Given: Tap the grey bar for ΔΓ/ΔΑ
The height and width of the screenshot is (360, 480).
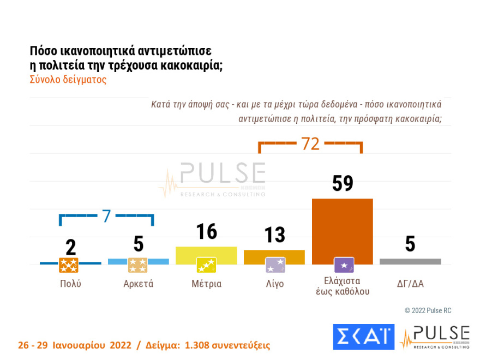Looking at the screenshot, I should pyautogui.click(x=410, y=262).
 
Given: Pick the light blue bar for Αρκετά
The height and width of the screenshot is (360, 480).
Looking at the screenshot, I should pyautogui.click(x=139, y=261).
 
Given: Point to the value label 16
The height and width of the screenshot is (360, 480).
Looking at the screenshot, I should pyautogui.click(x=206, y=232).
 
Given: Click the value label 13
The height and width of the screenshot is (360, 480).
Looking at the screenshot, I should pyautogui.click(x=274, y=235).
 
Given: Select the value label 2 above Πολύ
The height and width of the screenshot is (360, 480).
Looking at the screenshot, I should pyautogui.click(x=70, y=247).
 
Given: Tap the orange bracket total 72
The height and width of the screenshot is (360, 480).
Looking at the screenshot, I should pyautogui.click(x=310, y=144).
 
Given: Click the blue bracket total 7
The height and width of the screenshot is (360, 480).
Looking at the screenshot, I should pyautogui.click(x=106, y=215).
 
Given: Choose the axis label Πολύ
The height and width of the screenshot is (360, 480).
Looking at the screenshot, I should pyautogui.click(x=70, y=284).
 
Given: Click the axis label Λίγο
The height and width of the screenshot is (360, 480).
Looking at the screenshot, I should pyautogui.click(x=274, y=284).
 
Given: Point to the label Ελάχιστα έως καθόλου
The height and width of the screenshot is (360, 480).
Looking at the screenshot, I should pyautogui.click(x=343, y=286).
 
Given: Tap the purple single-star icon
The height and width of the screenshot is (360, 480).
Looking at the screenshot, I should pyautogui.click(x=344, y=266).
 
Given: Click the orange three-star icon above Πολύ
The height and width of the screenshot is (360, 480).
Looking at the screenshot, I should pyautogui.click(x=69, y=266).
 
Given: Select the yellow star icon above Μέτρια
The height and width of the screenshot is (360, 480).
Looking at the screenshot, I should pyautogui.click(x=206, y=266).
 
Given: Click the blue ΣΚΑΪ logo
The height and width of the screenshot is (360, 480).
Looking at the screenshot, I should pyautogui.click(x=363, y=337).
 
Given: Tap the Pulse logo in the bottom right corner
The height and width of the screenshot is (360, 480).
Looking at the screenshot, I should pyautogui.click(x=435, y=337).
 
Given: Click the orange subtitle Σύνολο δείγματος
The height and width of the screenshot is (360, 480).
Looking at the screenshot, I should pyautogui.click(x=68, y=79).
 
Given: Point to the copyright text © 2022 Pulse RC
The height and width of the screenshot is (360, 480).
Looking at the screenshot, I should pyautogui.click(x=428, y=310).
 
